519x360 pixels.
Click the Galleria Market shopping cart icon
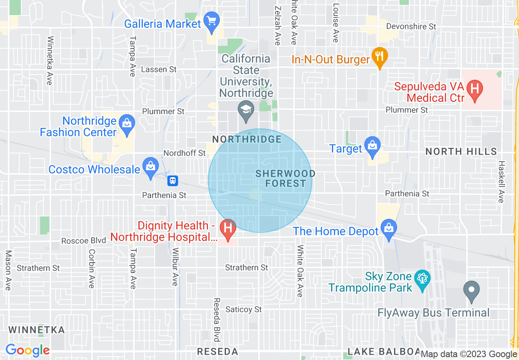(x=212, y=20)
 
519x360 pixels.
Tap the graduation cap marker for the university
(x=246, y=110)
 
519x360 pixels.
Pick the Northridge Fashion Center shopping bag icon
(x=127, y=122)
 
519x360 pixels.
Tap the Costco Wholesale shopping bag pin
(x=151, y=166)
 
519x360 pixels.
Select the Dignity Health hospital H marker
(x=228, y=227)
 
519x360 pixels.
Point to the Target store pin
(x=372, y=145)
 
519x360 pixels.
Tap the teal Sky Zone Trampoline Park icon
(x=422, y=278)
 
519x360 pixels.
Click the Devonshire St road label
(x=411, y=27)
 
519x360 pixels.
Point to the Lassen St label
(x=159, y=70)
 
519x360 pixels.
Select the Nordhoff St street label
(x=184, y=153)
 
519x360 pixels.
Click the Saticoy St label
(x=244, y=309)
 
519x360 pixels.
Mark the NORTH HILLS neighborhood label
(x=461, y=152)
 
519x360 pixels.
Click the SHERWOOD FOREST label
(x=285, y=178)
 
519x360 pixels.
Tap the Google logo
(x=27, y=351)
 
